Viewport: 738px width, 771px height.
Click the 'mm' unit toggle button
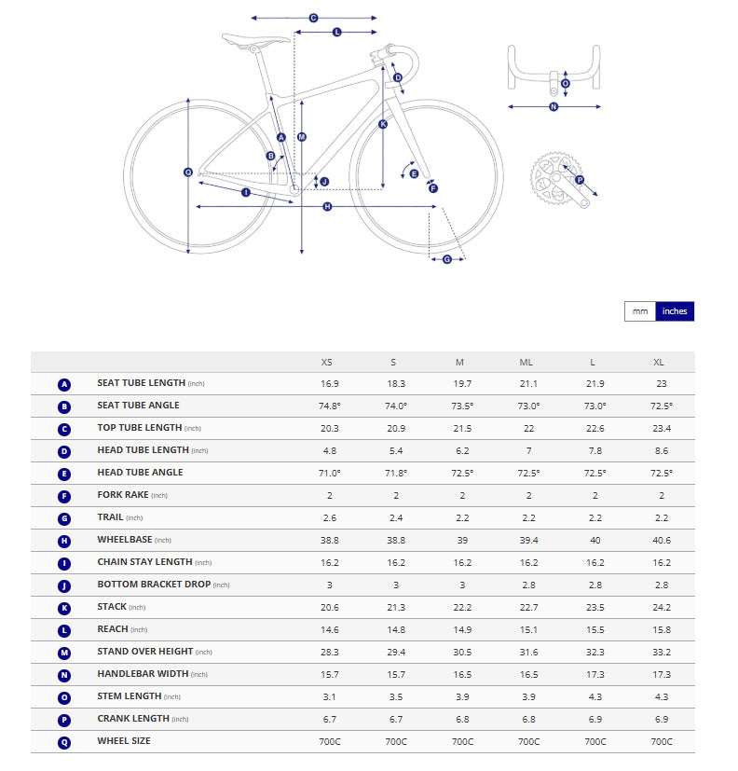pyautogui.click(x=640, y=311)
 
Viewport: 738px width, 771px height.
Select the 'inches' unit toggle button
pyautogui.click(x=675, y=311)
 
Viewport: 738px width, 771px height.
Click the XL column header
pyautogui.click(x=659, y=362)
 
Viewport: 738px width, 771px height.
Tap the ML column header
pyautogui.click(x=526, y=362)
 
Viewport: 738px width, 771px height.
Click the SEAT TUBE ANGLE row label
pyautogui.click(x=138, y=406)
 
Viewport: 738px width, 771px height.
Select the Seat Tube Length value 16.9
pyautogui.click(x=329, y=383)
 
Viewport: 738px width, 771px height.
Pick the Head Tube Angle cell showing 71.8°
pyautogui.click(x=395, y=473)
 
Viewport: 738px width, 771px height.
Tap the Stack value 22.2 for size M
pyautogui.click(x=462, y=607)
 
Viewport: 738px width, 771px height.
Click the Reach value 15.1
pyautogui.click(x=527, y=629)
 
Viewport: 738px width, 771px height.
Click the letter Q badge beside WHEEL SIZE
pyautogui.click(x=64, y=741)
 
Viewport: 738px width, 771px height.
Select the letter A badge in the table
pyautogui.click(x=64, y=384)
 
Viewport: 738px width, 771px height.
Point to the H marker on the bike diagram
pyautogui.click(x=327, y=206)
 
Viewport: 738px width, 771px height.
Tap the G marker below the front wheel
pyautogui.click(x=446, y=259)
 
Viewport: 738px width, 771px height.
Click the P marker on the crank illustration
pyautogui.click(x=579, y=180)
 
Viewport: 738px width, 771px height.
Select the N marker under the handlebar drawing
pyautogui.click(x=553, y=107)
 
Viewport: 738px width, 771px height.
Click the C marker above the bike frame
pyautogui.click(x=313, y=18)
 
